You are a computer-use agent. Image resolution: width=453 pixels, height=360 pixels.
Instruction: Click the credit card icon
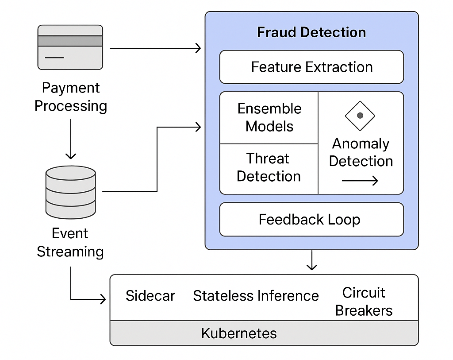tap(70, 47)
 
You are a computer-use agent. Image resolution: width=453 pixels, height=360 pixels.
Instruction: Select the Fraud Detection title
tap(311, 32)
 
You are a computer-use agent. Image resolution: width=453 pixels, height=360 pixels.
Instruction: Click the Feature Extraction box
tap(311, 67)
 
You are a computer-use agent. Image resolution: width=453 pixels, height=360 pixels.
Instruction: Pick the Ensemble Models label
tap(269, 117)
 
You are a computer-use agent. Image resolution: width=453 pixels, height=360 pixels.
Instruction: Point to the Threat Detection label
tap(269, 167)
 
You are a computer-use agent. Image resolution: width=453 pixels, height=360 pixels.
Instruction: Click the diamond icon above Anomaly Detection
tap(360, 116)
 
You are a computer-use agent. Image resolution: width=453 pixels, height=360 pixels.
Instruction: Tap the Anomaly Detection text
tap(361, 152)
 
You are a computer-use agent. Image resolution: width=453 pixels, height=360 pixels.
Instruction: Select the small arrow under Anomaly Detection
tap(360, 180)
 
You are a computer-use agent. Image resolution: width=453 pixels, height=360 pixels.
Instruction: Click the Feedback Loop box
tap(311, 220)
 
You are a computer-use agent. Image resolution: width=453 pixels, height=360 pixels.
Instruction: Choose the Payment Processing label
tap(70, 97)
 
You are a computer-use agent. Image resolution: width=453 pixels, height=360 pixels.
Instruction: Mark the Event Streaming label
tap(70, 242)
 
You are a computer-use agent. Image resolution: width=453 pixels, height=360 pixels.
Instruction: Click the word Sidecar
tap(150, 296)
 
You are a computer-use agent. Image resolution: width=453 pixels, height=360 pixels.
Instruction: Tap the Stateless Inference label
tap(256, 296)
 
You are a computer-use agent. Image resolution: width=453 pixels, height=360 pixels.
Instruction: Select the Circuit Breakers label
tap(364, 302)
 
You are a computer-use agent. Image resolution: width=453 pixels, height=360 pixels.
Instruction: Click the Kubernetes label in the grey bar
tap(239, 333)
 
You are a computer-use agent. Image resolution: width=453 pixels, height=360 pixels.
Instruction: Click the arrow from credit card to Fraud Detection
tap(155, 48)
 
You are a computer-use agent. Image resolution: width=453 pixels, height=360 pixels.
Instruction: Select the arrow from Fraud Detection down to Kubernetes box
tap(312, 260)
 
